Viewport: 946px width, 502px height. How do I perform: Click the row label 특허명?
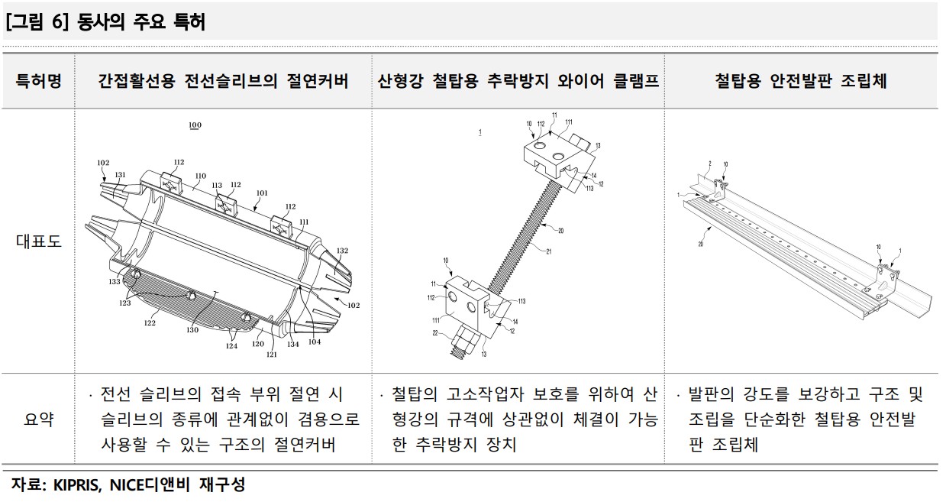pyautogui.click(x=38, y=81)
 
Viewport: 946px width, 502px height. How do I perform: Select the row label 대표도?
pyautogui.click(x=38, y=241)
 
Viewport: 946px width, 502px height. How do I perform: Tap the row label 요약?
pyautogui.click(x=38, y=419)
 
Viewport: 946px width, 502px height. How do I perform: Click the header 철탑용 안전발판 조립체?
pyautogui.click(x=801, y=81)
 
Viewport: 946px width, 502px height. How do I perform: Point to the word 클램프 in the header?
pyautogui.click(x=636, y=81)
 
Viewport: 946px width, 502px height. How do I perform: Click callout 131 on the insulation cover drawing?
pyautogui.click(x=120, y=175)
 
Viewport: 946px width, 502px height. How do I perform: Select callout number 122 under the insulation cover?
pyautogui.click(x=150, y=323)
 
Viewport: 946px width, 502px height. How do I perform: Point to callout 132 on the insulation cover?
pyautogui.click(x=342, y=251)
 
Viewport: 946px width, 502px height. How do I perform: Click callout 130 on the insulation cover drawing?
pyautogui.click(x=192, y=330)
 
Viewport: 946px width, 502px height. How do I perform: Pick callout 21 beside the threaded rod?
pyautogui.click(x=547, y=251)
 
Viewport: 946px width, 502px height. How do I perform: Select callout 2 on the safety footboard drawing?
pyautogui.click(x=709, y=163)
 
